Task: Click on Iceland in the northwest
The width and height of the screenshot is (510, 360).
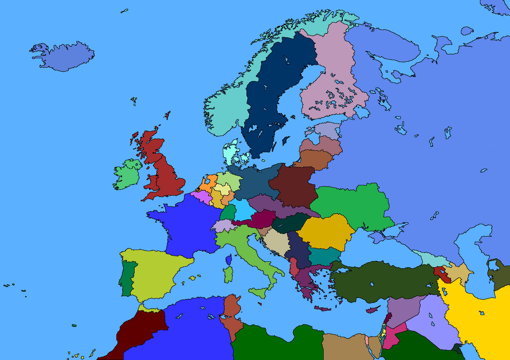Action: pos(66,56)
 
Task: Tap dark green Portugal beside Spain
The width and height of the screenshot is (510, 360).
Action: pos(127,277)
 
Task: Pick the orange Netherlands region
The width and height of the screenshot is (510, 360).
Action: pos(207,183)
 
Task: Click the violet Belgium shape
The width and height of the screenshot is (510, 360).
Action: pos(202,196)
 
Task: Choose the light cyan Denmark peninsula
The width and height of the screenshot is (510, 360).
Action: pos(230,151)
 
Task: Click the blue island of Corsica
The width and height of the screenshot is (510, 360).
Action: pos(229,260)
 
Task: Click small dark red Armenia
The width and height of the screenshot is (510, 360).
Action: pos(441,273)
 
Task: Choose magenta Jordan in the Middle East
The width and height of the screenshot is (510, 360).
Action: pos(394,335)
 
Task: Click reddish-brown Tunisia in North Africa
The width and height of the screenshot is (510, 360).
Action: pos(231,315)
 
